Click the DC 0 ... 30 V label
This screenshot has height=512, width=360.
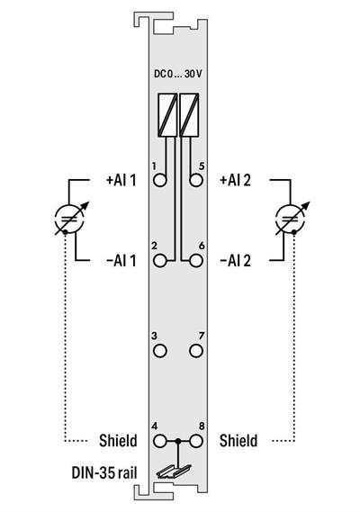coord(178,76)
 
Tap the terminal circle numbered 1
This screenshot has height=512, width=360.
coord(161,180)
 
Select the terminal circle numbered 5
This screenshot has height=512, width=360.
coord(196,180)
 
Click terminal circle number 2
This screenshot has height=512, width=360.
coord(161,261)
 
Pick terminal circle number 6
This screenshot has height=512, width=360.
coord(196,261)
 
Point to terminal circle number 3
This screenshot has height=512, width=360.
coord(161,349)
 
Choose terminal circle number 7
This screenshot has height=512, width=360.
coord(196,349)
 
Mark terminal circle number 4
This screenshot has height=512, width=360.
coord(161,441)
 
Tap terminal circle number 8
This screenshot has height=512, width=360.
coord(196,441)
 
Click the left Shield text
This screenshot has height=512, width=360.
coord(117,441)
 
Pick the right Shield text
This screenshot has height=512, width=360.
coord(238,441)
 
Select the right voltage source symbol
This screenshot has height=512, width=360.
coord(289,219)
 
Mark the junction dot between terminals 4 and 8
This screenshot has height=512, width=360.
coord(178,441)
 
